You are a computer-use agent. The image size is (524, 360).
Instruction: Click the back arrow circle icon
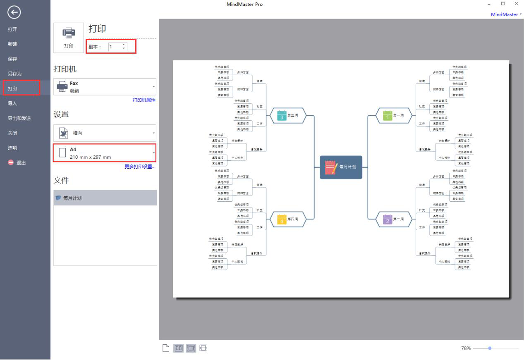(14, 13)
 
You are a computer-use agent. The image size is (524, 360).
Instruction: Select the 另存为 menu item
(14, 74)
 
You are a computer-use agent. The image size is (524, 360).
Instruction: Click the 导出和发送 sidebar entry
(19, 118)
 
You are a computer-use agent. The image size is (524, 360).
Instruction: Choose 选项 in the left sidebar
(12, 148)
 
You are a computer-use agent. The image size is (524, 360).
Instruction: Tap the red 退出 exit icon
(11, 163)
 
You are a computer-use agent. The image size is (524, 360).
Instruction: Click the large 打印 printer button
(69, 38)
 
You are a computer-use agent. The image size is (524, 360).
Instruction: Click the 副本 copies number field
(115, 47)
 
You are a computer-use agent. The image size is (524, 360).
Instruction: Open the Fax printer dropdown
(105, 87)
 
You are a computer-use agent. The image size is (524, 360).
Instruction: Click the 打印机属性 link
(144, 100)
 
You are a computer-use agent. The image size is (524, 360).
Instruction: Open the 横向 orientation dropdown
(105, 133)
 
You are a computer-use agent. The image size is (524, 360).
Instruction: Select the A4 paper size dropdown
(105, 153)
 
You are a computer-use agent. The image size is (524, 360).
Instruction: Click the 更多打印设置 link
(140, 167)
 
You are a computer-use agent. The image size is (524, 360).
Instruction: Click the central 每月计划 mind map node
(341, 167)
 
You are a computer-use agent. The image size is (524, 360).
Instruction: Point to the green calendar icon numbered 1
(388, 115)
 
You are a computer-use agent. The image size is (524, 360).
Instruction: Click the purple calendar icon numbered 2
(388, 219)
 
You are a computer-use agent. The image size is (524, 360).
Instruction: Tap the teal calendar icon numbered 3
(282, 115)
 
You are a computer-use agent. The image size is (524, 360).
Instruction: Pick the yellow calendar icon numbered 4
(282, 219)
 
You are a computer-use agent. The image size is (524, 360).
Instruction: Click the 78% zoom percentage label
(466, 348)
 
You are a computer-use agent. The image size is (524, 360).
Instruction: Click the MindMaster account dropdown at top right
(506, 14)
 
